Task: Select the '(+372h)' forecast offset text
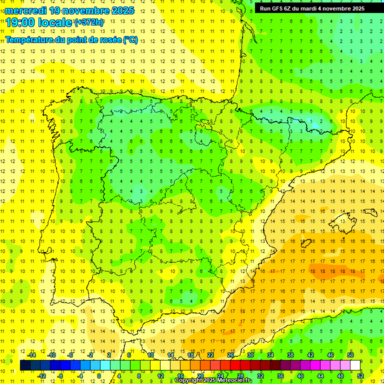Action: tap(89, 22)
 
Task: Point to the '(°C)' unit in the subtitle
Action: tap(129, 40)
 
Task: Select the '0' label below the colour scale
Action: tap(99, 375)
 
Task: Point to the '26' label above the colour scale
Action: tap(230, 355)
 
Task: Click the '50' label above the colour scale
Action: tap(350, 355)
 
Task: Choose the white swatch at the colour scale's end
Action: tap(355, 365)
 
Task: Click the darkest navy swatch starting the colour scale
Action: tap(25, 365)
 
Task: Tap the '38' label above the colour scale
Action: tap(290, 355)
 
